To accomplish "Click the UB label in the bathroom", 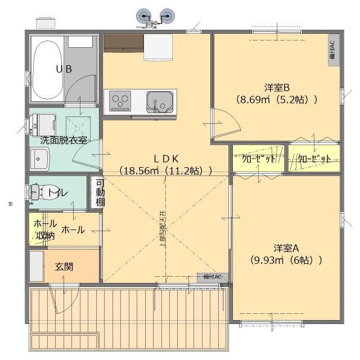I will (63, 69).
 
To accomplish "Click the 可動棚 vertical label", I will (100, 192).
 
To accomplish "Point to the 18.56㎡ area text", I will (165, 170).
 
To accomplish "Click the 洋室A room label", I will (286, 248).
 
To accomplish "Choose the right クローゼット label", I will (314, 159).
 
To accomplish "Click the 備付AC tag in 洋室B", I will (332, 50).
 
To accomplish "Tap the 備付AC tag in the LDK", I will (213, 277).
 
